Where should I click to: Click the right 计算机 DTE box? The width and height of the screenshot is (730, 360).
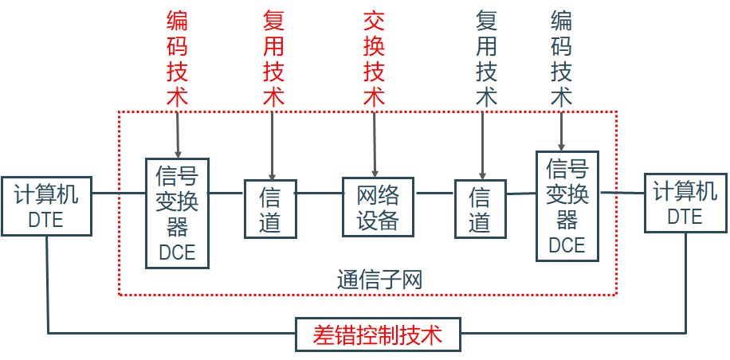pyautogui.click(x=684, y=203)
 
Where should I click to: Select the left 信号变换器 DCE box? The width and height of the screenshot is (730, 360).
pyautogui.click(x=177, y=213)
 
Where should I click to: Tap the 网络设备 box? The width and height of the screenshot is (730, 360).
pyautogui.click(x=378, y=207)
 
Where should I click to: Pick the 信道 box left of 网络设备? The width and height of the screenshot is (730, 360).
pyautogui.click(x=270, y=209)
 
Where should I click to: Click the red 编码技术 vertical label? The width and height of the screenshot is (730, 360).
pyautogui.click(x=177, y=60)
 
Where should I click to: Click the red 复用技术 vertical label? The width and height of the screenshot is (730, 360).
pyautogui.click(x=273, y=60)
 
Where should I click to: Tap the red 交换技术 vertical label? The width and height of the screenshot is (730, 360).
pyautogui.click(x=375, y=60)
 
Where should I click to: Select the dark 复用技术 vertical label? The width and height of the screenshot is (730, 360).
pyautogui.click(x=486, y=60)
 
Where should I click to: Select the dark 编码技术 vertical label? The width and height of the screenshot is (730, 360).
pyautogui.click(x=562, y=60)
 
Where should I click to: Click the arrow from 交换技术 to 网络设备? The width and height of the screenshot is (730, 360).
pyautogui.click(x=375, y=143)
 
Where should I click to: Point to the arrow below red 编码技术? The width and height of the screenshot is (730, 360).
pyautogui.click(x=177, y=131)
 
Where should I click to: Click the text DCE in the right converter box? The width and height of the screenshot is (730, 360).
pyautogui.click(x=567, y=245)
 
